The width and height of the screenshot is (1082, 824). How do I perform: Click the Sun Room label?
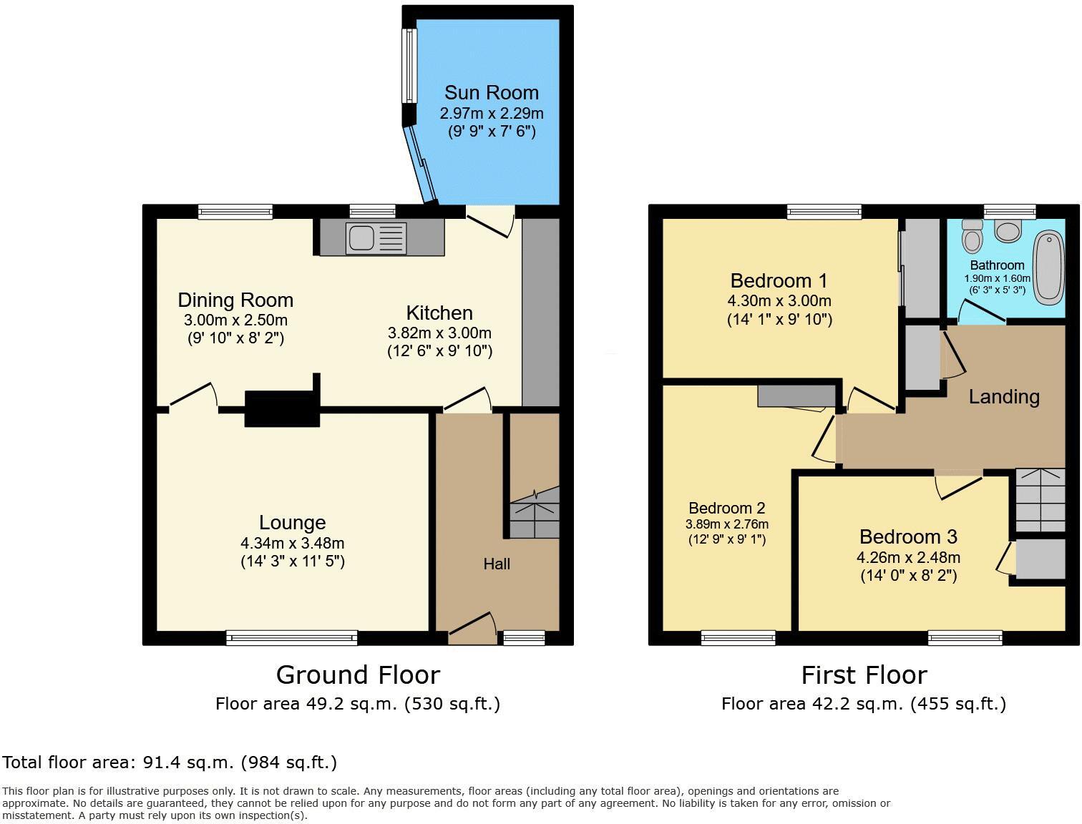tap(491, 92)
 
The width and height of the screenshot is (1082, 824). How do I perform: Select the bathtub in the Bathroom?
tap(1049, 265)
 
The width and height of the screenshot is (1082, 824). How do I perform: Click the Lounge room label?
tap(292, 523)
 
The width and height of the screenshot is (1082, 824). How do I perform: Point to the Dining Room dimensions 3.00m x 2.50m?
tap(235, 320)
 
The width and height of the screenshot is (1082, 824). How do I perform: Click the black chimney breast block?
tap(282, 408)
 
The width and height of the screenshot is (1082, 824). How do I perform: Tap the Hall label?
tap(497, 564)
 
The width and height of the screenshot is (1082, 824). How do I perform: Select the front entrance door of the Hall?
tap(472, 624)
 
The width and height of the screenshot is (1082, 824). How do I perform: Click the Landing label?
tap(1004, 397)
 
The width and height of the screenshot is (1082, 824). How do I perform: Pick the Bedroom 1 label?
tap(779, 280)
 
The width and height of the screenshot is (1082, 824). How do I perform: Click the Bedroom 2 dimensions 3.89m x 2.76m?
tap(726, 524)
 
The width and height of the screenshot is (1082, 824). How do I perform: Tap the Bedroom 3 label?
tap(908, 536)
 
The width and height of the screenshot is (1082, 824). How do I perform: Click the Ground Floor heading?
tap(358, 675)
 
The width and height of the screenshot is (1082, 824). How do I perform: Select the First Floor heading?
tap(864, 675)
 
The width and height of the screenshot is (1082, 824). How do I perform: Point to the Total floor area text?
tap(170, 762)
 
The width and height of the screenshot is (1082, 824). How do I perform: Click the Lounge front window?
tap(292, 637)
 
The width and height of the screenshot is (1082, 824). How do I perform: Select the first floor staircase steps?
tap(1040, 499)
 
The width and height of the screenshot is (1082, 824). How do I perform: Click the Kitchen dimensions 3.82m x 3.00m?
tap(439, 333)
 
